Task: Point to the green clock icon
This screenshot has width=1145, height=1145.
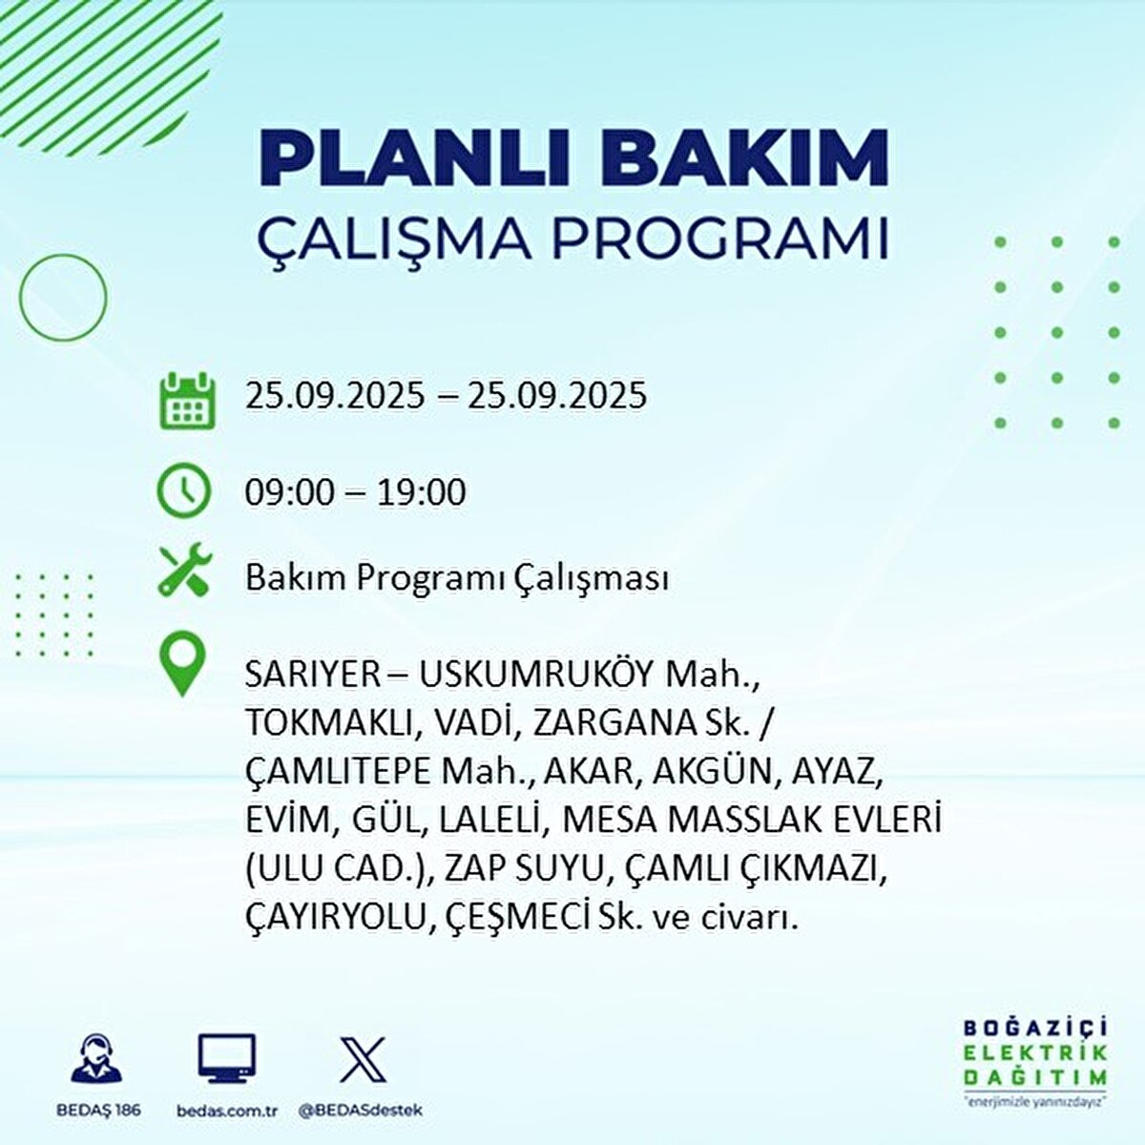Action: pyautogui.click(x=183, y=490)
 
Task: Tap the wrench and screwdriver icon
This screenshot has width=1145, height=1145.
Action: pyautogui.click(x=184, y=571)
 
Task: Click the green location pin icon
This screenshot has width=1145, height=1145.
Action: pyautogui.click(x=182, y=666)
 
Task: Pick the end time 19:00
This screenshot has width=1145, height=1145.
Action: pyautogui.click(x=422, y=492)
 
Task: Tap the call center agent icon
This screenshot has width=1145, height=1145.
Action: pyautogui.click(x=96, y=1060)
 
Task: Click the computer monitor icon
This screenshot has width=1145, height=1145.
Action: pyautogui.click(x=226, y=1060)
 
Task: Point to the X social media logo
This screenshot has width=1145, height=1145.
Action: pyautogui.click(x=363, y=1060)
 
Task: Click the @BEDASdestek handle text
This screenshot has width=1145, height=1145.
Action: pyautogui.click(x=361, y=1111)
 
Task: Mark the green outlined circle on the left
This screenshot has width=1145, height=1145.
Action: pyautogui.click(x=63, y=298)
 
